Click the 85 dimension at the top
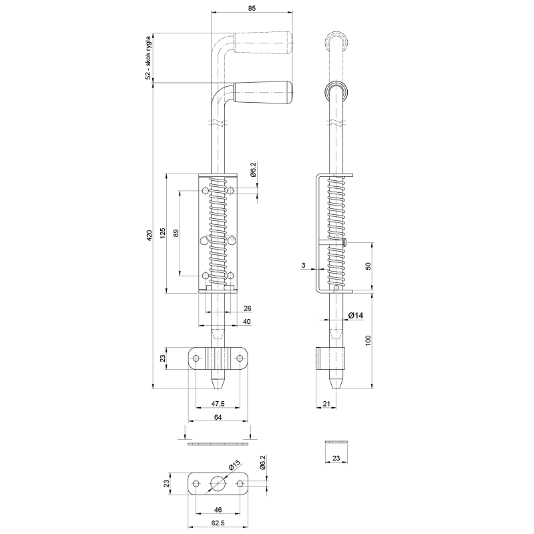pos(252,8)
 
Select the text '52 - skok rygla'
pos(148,57)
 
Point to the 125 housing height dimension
pos(161,234)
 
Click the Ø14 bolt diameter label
pos(355,315)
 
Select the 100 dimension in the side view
pos(368,340)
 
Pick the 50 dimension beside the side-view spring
pos(368,266)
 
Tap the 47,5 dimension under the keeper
pos(218,404)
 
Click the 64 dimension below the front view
pos(218,417)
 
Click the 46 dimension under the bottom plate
pos(218,509)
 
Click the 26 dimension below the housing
pos(248,308)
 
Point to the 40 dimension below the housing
pos(248,322)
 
